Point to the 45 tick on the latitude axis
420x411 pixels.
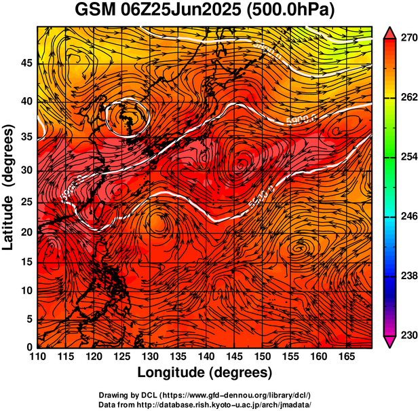(26, 64)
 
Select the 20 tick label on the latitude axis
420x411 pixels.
(26, 232)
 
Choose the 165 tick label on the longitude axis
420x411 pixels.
(345, 357)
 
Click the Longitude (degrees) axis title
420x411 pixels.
(205, 372)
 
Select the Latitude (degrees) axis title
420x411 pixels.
(9, 187)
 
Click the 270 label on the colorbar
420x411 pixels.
(407, 39)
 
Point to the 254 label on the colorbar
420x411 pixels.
(407, 157)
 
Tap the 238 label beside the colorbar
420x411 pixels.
(407, 276)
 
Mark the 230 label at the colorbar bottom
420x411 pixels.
(407, 335)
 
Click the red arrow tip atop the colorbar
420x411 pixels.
(389, 33)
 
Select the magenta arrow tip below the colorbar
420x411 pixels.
(389, 342)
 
